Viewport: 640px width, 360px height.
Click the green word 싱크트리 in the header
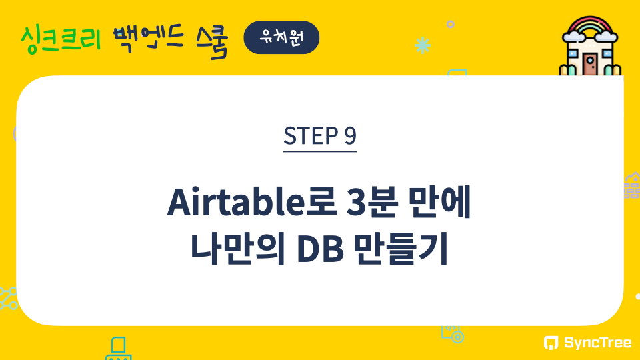(x=61, y=39)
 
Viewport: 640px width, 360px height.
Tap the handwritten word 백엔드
(x=148, y=39)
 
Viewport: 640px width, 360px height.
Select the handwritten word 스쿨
(x=211, y=41)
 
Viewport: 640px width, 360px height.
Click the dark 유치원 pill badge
(x=281, y=37)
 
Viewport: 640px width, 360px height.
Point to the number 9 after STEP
(x=350, y=135)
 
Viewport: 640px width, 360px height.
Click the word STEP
(x=311, y=135)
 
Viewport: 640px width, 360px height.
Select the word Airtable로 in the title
(x=252, y=201)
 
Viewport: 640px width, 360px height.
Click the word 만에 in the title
(x=439, y=201)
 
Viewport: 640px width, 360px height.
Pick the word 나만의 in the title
(x=237, y=248)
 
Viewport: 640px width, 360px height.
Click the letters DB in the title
(x=321, y=249)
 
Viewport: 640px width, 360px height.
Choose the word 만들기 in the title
(x=401, y=248)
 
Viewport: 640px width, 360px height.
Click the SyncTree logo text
(x=597, y=343)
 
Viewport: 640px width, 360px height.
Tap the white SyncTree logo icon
(x=551, y=343)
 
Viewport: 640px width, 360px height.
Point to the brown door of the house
(x=589, y=65)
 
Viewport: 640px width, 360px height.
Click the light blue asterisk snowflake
(x=423, y=45)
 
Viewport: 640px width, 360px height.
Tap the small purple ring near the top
(x=450, y=24)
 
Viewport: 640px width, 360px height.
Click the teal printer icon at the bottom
(x=119, y=349)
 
